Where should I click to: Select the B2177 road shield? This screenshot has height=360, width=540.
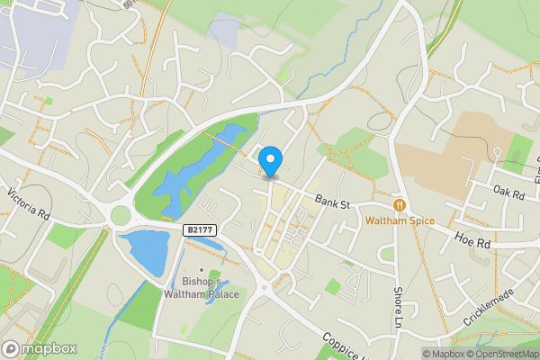(201, 230)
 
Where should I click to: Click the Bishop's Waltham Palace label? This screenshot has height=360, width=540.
(202, 287)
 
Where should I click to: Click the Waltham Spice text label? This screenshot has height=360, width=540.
(399, 221)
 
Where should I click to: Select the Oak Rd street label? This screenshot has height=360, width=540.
(508, 191)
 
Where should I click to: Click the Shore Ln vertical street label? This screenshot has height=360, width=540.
(397, 307)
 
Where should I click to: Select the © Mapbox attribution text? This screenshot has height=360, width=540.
(440, 354)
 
